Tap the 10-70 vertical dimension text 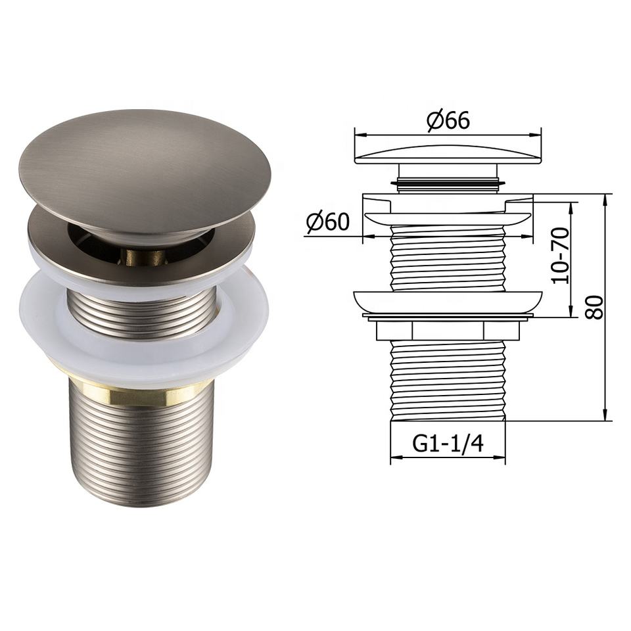coord(561,256)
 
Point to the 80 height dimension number coord(594,308)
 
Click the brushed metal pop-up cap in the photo coord(145,171)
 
